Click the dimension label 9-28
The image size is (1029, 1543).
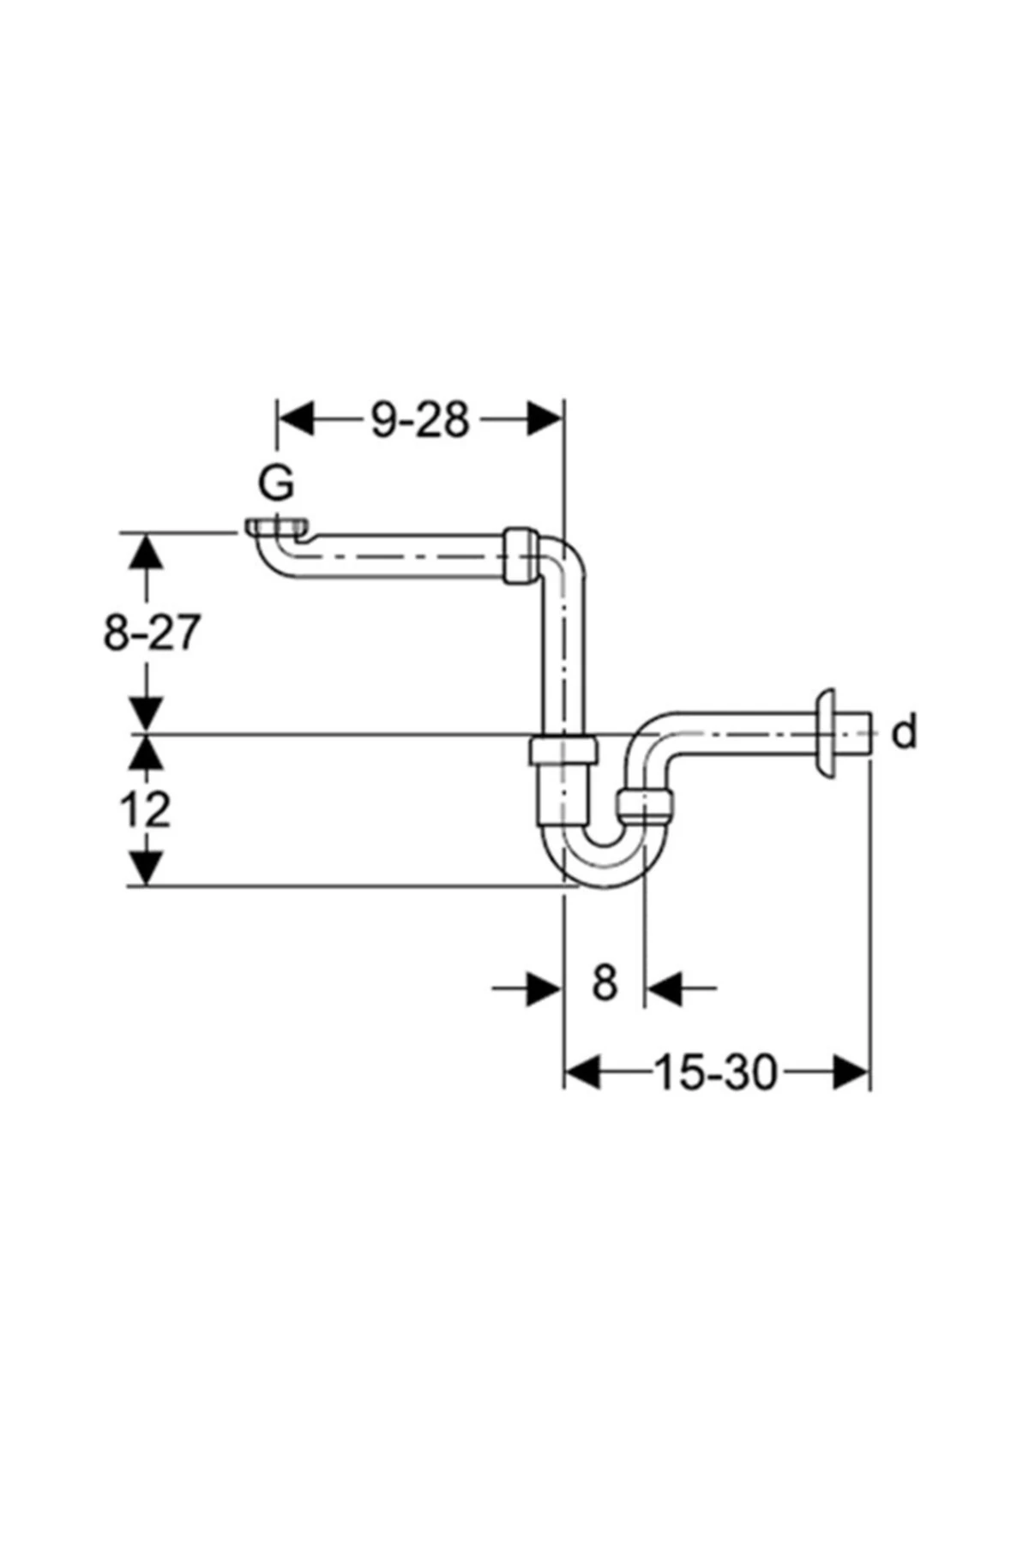pyautogui.click(x=420, y=421)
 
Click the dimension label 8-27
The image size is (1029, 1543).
pyautogui.click(x=151, y=634)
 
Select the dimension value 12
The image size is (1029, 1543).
pyautogui.click(x=145, y=810)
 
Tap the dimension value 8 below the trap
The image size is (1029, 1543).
pyautogui.click(x=605, y=983)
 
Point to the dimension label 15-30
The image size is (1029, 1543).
pyautogui.click(x=715, y=1072)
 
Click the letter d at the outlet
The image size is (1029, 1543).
pyautogui.click(x=905, y=734)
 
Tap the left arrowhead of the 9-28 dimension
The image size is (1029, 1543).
pyautogui.click(x=296, y=420)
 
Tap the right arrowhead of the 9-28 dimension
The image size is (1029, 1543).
pyautogui.click(x=545, y=420)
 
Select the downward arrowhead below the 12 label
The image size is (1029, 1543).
pyautogui.click(x=147, y=868)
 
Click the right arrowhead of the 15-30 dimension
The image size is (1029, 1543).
pyautogui.click(x=851, y=1072)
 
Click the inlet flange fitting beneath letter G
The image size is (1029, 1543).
pyautogui.click(x=275, y=526)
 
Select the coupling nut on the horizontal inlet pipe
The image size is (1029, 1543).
pyautogui.click(x=521, y=555)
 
